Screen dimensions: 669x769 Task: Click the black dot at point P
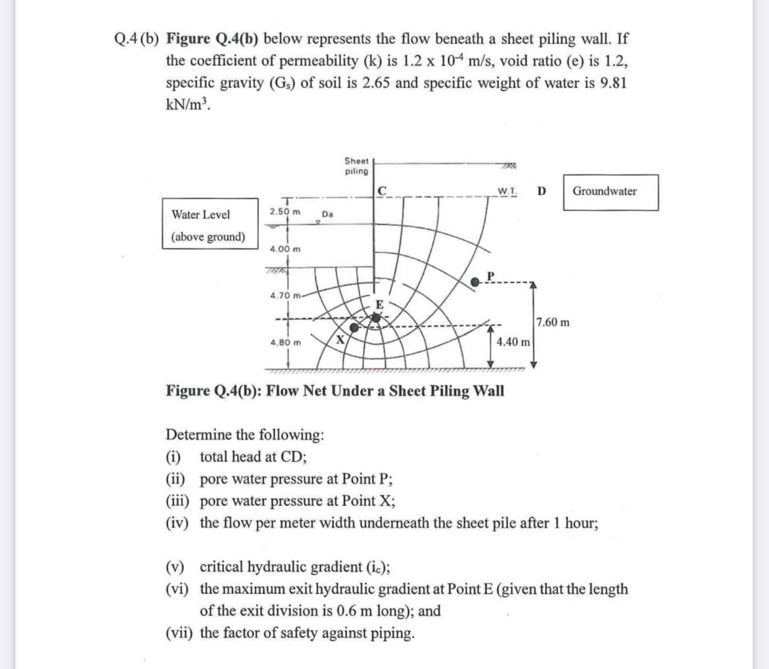coord(477,281)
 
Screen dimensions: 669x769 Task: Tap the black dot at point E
coord(376,317)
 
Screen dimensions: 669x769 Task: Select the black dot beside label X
coord(354,327)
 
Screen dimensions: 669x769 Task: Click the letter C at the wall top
coord(384,191)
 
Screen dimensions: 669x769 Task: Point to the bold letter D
coord(541,191)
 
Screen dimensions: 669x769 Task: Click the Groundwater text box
coord(604,191)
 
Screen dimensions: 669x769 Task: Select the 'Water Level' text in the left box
coord(201,215)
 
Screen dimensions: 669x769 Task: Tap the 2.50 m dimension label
coord(285,212)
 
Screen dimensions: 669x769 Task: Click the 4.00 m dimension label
coord(285,249)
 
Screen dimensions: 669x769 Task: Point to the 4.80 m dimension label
coord(285,342)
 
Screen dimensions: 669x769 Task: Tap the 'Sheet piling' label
coord(357,166)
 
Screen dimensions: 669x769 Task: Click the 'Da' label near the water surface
coord(327,214)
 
